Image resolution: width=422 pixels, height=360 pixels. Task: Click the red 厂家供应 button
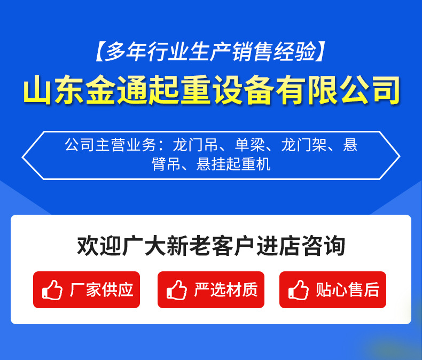tap(87, 289)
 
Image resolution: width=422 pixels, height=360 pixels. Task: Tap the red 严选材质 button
tap(211, 289)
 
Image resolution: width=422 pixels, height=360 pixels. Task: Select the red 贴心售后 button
tap(332, 289)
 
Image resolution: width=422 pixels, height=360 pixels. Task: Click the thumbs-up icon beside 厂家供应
tap(52, 290)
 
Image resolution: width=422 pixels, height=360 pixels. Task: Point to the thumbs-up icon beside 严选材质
tap(177, 290)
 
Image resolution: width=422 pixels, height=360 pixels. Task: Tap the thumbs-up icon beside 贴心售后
tap(299, 290)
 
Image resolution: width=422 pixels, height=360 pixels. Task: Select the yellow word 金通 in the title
tap(116, 90)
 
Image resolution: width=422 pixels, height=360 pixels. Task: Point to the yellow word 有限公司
tap(338, 90)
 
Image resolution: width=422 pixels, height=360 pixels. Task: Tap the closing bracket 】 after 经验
tap(319, 51)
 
